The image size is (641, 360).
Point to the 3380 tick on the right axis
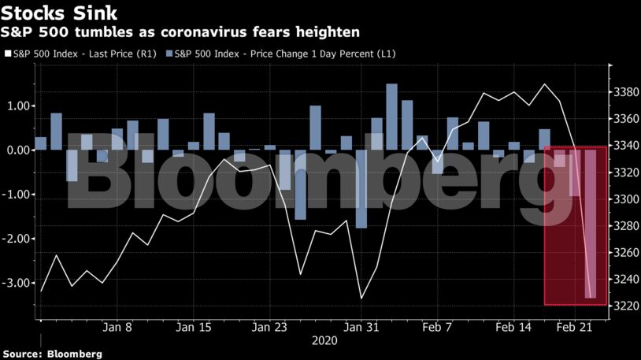click(x=624, y=92)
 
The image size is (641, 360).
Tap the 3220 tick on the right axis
click(x=624, y=306)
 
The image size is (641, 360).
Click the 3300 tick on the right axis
click(x=624, y=199)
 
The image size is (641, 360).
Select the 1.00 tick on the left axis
click(x=20, y=106)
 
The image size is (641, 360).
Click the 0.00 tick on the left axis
click(x=20, y=150)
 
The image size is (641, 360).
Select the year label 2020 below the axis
click(x=325, y=340)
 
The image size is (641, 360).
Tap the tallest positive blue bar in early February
click(x=391, y=117)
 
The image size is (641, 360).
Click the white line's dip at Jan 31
click(x=361, y=298)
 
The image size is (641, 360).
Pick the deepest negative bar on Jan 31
click(x=361, y=189)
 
